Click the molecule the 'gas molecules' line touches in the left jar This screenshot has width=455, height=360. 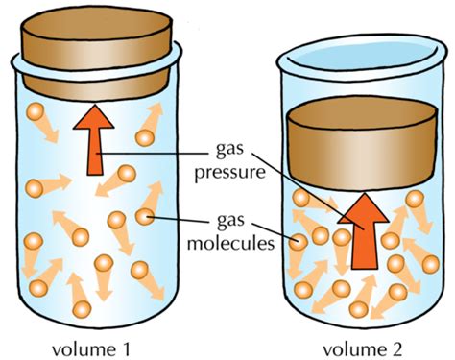click(145, 218)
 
